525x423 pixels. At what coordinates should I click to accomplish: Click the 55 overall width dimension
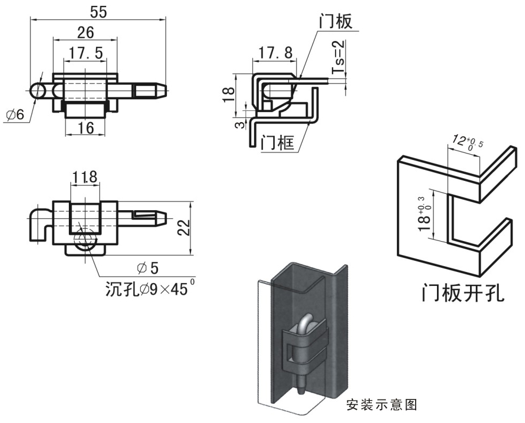click(x=98, y=12)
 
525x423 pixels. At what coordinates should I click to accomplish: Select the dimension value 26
click(x=85, y=33)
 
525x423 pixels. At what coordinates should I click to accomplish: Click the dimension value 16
click(x=85, y=128)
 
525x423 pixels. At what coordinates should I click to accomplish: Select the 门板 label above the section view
click(x=336, y=21)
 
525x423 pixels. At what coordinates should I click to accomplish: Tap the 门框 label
click(x=278, y=143)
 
